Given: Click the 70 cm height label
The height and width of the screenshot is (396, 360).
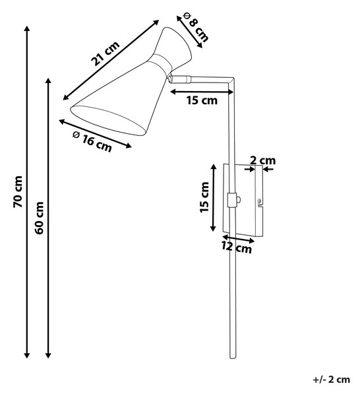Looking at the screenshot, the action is pos(18,192).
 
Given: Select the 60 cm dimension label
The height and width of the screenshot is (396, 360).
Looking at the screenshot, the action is pos(39,218).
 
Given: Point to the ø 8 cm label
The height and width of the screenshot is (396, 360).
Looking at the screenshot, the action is pos(196,27).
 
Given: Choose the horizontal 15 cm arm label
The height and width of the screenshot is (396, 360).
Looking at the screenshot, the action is pos(202,100).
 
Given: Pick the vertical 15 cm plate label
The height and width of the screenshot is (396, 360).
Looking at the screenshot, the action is pos(204,197).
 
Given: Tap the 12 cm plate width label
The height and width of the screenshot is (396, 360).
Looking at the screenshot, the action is pos(237,247).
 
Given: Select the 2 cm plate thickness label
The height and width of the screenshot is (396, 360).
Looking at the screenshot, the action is pos(262,160).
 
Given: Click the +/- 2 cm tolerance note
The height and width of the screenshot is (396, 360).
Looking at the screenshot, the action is pos(332,379).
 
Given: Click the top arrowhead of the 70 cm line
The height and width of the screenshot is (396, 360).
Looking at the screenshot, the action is pos(27,28).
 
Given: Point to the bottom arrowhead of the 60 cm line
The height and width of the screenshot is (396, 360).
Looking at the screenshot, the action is pos(48,355).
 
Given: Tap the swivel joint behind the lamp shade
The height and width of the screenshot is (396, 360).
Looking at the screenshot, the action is pos(171,78).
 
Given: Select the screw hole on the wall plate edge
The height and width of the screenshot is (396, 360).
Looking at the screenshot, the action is pos(258,201).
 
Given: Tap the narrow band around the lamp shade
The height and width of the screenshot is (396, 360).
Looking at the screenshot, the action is pos(163,62).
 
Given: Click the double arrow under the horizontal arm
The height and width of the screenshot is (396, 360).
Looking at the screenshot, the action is pos(202,92).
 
